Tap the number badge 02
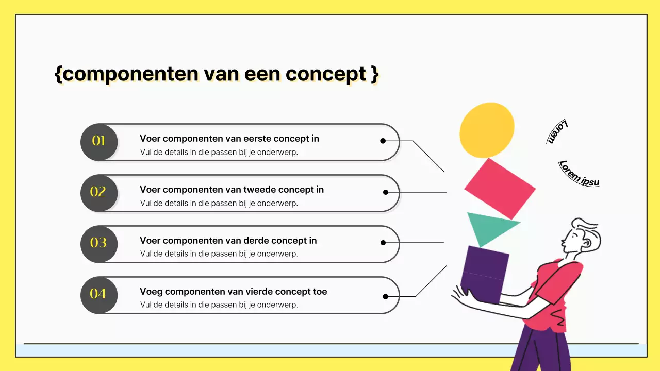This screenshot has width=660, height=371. (99, 193)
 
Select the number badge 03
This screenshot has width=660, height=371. (99, 243)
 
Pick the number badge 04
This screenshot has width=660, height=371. (99, 294)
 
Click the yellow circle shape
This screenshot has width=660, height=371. (487, 130)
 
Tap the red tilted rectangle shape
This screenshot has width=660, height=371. (500, 189)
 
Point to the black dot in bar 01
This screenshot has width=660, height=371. (383, 141)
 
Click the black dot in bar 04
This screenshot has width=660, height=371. (385, 296)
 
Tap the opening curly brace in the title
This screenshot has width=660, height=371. (58, 74)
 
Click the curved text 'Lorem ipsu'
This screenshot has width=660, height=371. (579, 173)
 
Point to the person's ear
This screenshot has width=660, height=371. (586, 241)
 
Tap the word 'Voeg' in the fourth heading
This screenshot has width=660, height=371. (151, 292)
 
